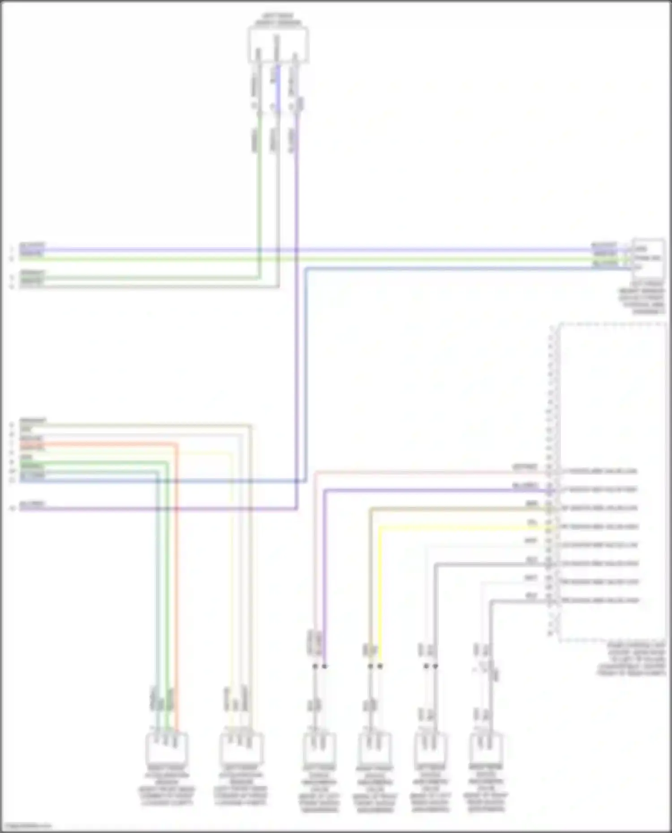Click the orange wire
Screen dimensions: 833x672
tap(177, 582)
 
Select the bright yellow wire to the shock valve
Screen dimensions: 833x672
tap(380, 591)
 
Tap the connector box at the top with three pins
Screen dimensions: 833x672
tap(278, 44)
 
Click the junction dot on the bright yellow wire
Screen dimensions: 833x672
tap(380, 666)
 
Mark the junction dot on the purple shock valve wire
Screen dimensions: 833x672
tap(325, 666)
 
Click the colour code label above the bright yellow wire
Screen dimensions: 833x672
tap(532, 522)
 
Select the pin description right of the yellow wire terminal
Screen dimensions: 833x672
tap(599, 527)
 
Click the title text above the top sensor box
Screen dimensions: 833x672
tap(278, 19)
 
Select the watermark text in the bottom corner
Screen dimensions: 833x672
tap(26, 826)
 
